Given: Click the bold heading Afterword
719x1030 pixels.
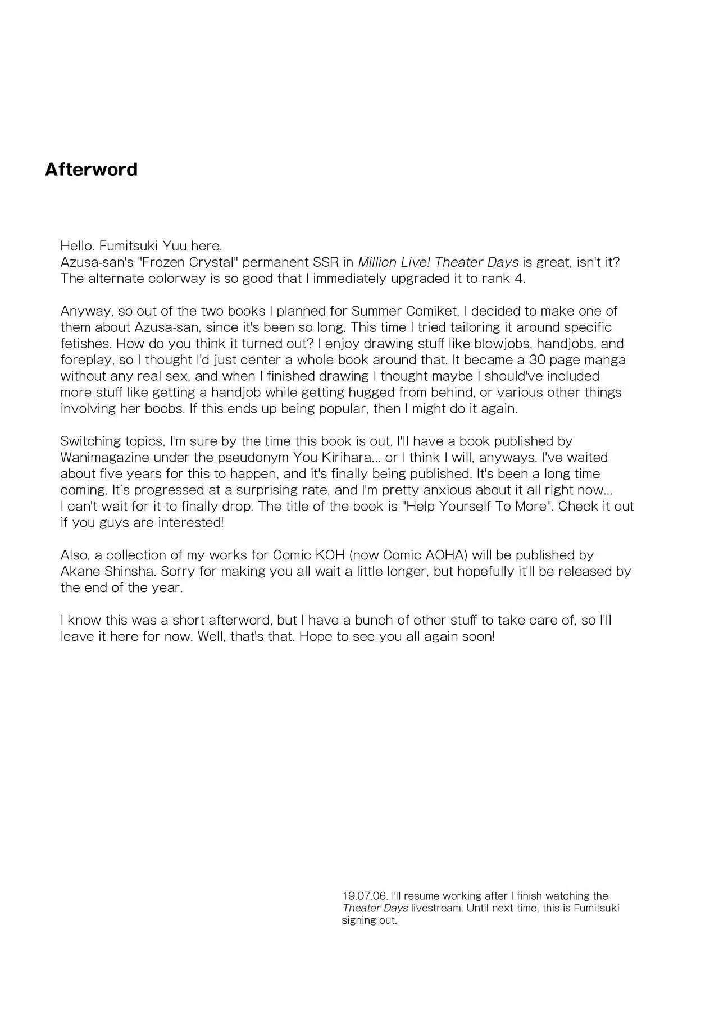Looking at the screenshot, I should [x=91, y=170].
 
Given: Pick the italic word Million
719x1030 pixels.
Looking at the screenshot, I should [x=377, y=262].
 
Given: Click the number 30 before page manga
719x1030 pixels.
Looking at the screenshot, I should [x=538, y=360].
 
